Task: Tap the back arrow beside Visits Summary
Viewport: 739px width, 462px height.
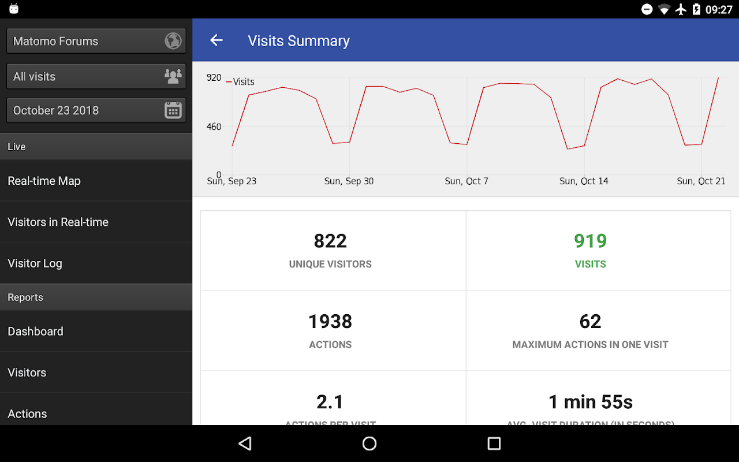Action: (217, 40)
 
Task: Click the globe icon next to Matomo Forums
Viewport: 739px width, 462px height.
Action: (173, 41)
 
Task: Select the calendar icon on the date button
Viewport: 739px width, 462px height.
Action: (173, 110)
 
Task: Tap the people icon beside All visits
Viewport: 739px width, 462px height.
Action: (173, 76)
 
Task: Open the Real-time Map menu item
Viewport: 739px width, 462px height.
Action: (44, 181)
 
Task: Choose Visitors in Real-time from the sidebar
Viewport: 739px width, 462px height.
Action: (58, 222)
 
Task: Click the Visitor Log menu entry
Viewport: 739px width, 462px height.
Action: (35, 263)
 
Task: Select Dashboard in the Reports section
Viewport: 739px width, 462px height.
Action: (35, 331)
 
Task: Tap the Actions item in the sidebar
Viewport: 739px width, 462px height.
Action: (27, 414)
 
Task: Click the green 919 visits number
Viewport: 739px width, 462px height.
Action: (590, 241)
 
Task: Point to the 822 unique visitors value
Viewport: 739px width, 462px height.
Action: (330, 241)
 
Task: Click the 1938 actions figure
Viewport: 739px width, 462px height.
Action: (330, 321)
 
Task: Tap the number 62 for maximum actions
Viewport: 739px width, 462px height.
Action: (590, 321)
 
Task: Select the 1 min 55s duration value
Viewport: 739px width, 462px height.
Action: (590, 401)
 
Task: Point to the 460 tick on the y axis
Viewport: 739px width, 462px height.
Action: (214, 127)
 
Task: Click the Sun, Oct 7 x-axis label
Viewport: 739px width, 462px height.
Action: (466, 181)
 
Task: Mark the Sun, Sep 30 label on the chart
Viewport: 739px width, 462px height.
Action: (349, 181)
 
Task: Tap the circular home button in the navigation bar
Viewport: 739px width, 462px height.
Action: (369, 444)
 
